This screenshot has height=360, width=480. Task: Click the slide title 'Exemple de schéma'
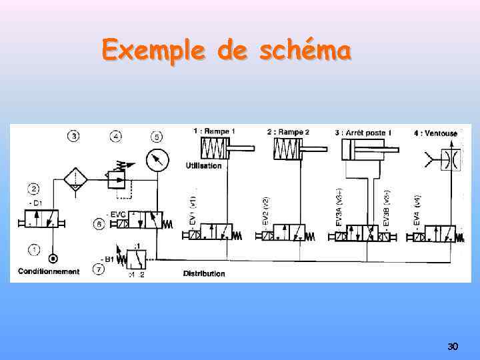pyautogui.click(x=226, y=50)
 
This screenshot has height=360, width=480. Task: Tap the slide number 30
pyautogui.click(x=453, y=347)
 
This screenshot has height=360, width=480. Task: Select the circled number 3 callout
pyautogui.click(x=73, y=137)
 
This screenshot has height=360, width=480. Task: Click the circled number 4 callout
pyautogui.click(x=116, y=137)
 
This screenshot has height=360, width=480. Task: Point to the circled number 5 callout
pyautogui.click(x=156, y=137)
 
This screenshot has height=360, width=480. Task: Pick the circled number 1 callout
pyautogui.click(x=34, y=249)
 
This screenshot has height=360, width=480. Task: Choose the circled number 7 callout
pyautogui.click(x=99, y=269)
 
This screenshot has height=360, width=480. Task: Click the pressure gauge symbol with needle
pyautogui.click(x=157, y=161)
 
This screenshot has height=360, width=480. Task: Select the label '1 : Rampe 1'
pyautogui.click(x=213, y=131)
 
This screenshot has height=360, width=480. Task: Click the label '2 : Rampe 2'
pyautogui.click(x=288, y=131)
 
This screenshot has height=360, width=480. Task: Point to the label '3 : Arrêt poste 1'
pyautogui.click(x=363, y=132)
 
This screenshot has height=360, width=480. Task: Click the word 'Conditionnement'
pyautogui.click(x=49, y=271)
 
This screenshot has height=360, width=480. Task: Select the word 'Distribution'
pyautogui.click(x=204, y=273)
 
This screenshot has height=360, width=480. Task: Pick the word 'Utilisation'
pyautogui.click(x=203, y=165)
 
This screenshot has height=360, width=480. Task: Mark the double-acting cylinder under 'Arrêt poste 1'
pyautogui.click(x=363, y=150)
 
